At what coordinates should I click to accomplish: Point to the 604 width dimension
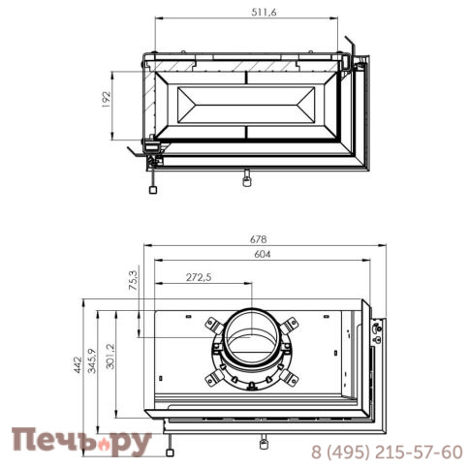click(259, 254)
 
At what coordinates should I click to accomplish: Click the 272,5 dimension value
click(200, 278)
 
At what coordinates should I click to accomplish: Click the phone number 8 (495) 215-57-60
click(386, 453)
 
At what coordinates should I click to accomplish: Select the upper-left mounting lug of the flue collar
click(213, 324)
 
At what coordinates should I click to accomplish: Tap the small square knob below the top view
click(152, 190)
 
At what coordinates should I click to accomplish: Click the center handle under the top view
click(247, 178)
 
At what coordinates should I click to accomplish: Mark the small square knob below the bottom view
click(169, 451)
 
